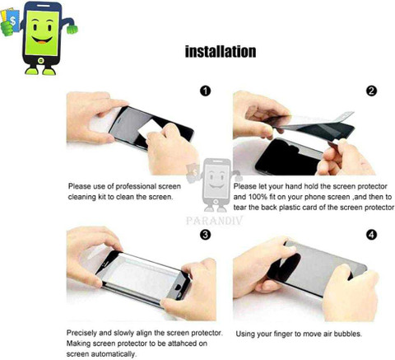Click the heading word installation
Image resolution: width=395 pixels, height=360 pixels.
[x=221, y=52]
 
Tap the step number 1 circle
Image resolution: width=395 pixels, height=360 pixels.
[x=205, y=91]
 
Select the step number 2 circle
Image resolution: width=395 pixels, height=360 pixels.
[x=371, y=91]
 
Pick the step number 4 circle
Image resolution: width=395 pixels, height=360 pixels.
[x=371, y=235]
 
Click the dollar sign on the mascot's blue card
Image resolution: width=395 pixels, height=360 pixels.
[x=12, y=21]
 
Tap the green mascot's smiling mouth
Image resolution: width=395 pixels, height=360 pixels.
[x=42, y=40]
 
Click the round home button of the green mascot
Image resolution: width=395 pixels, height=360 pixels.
[x=41, y=60]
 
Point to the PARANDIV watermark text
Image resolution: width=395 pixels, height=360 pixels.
[x=214, y=221]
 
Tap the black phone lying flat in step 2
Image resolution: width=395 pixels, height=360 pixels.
[x=288, y=157]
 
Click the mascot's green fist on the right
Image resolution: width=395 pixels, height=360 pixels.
[x=72, y=29]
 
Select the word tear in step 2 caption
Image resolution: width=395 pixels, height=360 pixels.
[x=240, y=208]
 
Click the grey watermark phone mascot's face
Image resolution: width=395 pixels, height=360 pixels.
[x=216, y=180]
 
